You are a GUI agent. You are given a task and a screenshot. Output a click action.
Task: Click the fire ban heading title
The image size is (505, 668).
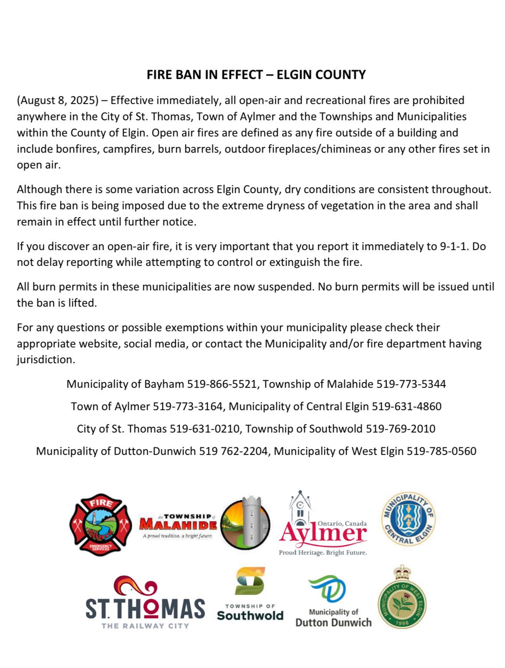click(x=256, y=75)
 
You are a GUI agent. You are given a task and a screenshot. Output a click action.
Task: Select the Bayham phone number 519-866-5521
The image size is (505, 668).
click(x=222, y=384)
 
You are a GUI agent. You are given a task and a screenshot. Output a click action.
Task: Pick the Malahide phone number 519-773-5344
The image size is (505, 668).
click(x=411, y=384)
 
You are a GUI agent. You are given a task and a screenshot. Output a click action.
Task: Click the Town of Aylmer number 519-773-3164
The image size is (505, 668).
click(x=188, y=407)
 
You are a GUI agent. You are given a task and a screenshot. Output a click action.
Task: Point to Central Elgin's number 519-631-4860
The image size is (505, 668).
click(x=407, y=407)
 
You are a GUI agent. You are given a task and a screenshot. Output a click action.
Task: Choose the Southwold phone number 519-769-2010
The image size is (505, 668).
click(x=401, y=429)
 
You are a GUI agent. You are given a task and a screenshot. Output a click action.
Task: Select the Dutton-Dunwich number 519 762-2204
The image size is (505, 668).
click(x=234, y=451)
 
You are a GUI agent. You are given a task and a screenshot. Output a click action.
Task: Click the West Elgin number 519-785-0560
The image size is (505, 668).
click(x=441, y=451)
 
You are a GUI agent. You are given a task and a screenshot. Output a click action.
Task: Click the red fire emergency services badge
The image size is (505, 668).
click(x=100, y=525)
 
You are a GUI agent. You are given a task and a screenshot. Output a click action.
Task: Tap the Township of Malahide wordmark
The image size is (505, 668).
click(x=178, y=525)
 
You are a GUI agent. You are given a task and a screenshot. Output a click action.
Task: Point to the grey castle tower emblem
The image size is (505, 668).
click(x=245, y=523)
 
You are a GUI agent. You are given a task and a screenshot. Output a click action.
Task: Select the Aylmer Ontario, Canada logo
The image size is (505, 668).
click(x=323, y=526)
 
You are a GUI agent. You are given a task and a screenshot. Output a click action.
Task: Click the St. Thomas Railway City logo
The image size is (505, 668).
click(x=145, y=603)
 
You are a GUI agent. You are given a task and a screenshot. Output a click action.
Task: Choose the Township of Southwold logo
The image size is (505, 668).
click(x=250, y=594)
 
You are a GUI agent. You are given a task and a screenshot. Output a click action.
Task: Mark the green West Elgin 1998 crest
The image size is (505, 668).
click(x=402, y=597)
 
